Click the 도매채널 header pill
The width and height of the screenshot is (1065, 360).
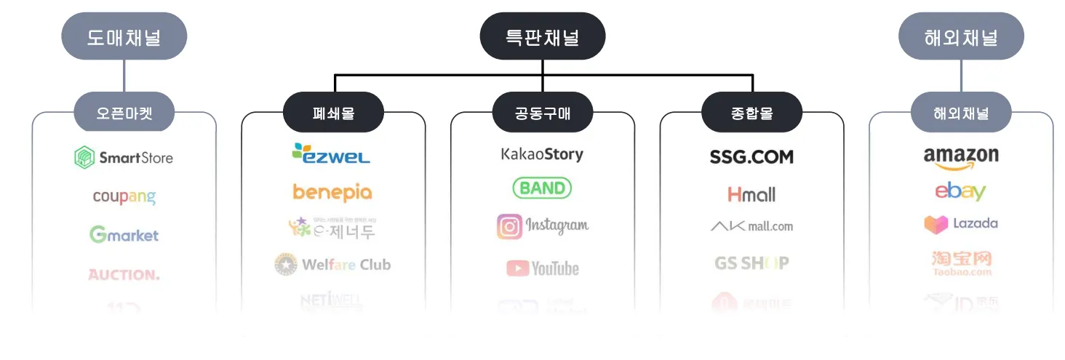124,36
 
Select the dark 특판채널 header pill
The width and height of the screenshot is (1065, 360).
542,36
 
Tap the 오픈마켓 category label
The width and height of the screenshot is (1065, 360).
124,113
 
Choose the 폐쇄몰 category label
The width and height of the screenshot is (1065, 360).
333,113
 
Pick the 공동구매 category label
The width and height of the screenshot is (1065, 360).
543,113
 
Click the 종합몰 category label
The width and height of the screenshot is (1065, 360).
751,113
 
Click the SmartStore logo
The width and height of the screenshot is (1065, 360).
124,158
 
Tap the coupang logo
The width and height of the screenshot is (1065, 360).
124,197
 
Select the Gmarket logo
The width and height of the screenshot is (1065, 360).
124,235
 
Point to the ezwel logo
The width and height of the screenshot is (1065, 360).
331,153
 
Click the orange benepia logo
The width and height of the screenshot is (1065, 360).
332,192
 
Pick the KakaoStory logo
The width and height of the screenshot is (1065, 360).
542,154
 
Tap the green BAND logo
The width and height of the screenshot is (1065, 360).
542,188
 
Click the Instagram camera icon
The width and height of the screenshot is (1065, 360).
509,227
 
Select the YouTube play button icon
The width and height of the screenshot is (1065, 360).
517,268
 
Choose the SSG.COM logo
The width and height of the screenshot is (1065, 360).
751,157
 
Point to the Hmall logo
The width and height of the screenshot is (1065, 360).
751,195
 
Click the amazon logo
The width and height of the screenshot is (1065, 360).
961,156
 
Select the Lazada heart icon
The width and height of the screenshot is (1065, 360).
936,224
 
